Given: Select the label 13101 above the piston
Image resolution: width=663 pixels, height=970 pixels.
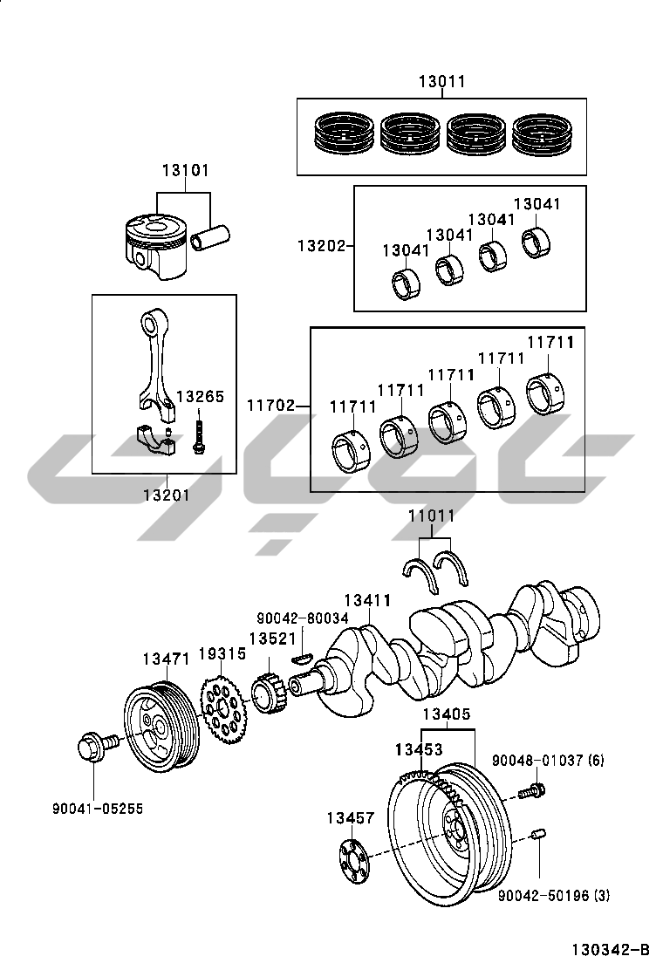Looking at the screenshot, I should click(184, 170).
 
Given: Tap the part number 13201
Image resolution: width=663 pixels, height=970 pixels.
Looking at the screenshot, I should click(166, 495).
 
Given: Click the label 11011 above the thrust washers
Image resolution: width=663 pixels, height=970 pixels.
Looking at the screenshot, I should click(431, 516).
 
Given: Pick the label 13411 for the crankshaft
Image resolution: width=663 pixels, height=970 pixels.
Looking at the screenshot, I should click(366, 601).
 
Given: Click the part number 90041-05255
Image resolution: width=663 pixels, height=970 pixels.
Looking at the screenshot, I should click(97, 809).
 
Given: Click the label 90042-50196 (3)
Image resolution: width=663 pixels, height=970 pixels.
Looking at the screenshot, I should click(553, 896).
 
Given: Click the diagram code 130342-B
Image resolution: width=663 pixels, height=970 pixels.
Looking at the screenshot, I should click(611, 950).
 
